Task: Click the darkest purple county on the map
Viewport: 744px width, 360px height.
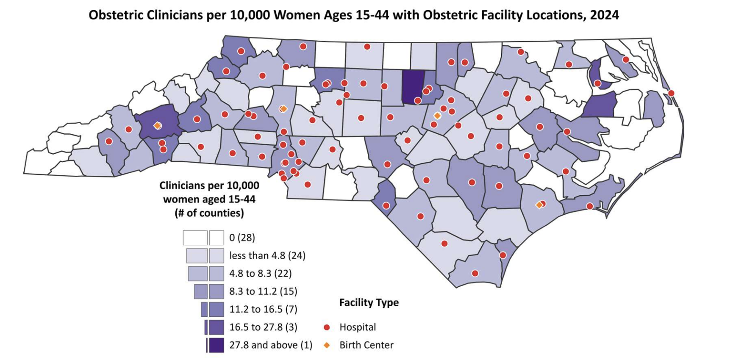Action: [x=412, y=87]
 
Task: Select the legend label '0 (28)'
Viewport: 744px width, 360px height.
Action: [x=242, y=238]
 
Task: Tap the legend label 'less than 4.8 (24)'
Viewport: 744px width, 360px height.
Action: [x=267, y=255]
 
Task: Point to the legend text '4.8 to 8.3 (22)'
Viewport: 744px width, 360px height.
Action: [x=260, y=273]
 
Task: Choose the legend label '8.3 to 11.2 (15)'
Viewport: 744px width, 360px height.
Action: [x=263, y=291]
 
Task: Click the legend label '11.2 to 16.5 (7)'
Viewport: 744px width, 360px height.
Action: [x=263, y=309]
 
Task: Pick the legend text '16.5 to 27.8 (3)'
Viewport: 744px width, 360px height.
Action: [x=263, y=327]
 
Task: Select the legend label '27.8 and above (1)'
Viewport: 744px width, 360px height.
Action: [x=271, y=345]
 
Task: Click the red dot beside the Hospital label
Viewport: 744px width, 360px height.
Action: [x=327, y=327]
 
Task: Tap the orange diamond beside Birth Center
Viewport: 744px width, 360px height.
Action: [x=327, y=345]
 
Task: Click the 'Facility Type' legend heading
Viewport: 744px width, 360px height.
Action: [x=369, y=302]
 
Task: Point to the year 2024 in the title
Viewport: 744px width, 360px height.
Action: [x=604, y=15]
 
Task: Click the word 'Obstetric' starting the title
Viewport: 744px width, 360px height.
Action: [x=116, y=15]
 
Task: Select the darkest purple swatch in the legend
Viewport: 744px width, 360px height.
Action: [x=217, y=345]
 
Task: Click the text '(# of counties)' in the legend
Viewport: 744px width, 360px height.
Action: [x=209, y=213]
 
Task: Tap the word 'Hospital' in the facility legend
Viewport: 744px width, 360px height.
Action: [x=358, y=327]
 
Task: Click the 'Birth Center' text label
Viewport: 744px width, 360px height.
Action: [x=366, y=345]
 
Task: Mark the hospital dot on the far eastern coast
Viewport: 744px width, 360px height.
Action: [x=671, y=93]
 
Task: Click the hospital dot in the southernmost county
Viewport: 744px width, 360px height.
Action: [x=475, y=274]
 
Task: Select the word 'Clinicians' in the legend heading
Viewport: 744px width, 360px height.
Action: [x=182, y=186]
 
